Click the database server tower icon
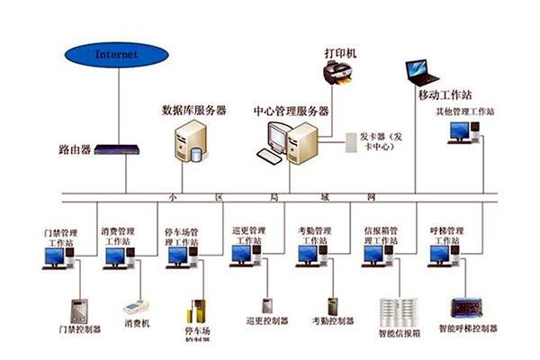tap(191, 142)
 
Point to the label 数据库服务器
tap(193, 110)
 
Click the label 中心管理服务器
tap(292, 110)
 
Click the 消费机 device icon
tap(136, 305)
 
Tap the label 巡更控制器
tap(267, 320)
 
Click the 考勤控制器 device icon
tap(333, 305)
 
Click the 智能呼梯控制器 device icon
tap(466, 308)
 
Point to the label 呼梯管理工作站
tap(445, 236)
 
